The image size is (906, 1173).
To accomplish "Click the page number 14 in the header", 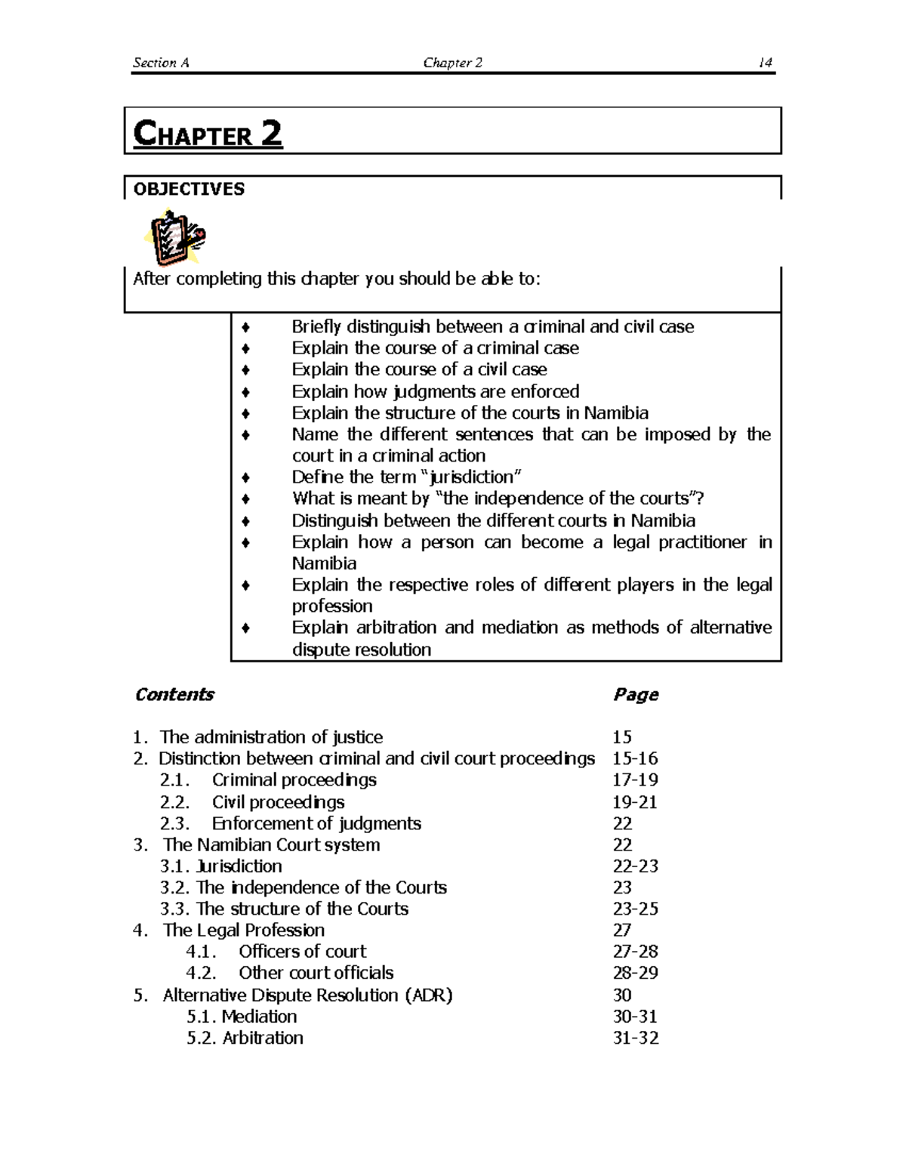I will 765,63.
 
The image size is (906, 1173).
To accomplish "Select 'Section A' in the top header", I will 161,63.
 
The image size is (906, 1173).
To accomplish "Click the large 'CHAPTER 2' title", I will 208,134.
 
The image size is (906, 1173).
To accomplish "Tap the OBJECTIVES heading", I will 189,189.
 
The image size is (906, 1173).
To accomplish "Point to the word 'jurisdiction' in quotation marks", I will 475,477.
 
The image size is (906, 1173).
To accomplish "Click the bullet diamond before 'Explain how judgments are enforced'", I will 245,392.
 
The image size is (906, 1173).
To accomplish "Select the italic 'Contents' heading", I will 174,694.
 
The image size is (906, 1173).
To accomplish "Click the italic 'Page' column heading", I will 636,694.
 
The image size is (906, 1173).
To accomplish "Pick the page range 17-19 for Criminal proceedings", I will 635,780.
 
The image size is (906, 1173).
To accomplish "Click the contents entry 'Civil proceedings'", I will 278,802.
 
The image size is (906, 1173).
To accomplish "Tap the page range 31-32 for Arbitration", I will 636,1038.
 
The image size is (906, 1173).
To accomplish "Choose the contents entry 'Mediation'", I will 259,1017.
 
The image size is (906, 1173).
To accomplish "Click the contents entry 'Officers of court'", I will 302,952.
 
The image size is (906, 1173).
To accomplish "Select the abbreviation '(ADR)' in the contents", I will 429,996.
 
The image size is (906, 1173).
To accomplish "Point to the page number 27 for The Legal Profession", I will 622,931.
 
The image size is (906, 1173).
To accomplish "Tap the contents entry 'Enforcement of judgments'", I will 316,823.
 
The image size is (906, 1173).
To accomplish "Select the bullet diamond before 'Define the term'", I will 245,477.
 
